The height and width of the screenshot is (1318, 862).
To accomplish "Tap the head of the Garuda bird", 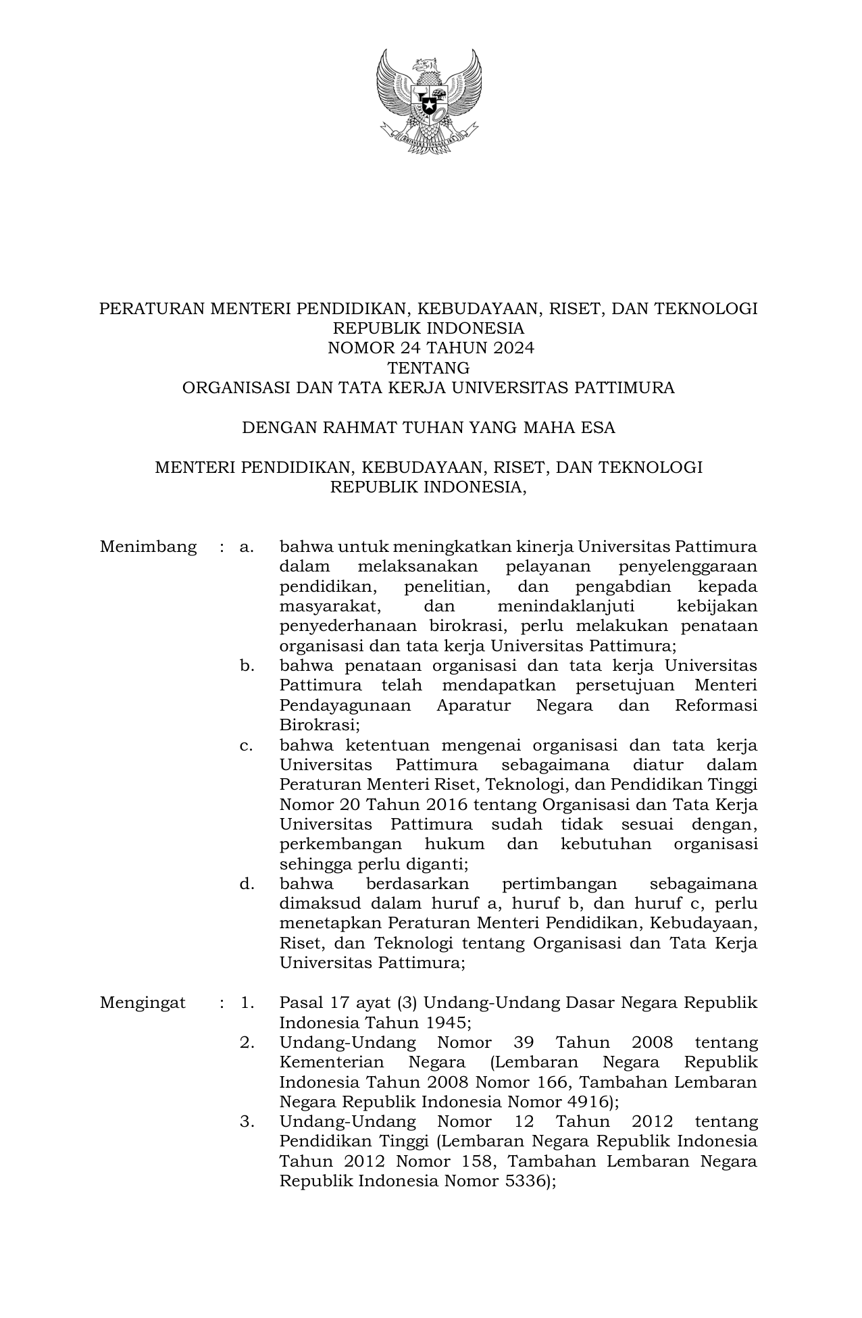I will click(424, 66).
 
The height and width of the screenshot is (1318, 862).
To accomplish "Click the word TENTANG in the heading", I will click(428, 368).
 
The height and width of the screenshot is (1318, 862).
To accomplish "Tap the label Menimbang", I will click(148, 547).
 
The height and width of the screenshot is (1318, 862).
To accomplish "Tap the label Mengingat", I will click(143, 1003).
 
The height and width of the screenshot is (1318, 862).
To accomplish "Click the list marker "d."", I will click(247, 884).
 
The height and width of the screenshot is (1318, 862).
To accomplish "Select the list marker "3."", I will click(247, 1121).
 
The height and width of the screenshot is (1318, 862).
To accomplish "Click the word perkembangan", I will click(340, 844).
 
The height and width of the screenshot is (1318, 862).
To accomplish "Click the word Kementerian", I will click(332, 1062).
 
